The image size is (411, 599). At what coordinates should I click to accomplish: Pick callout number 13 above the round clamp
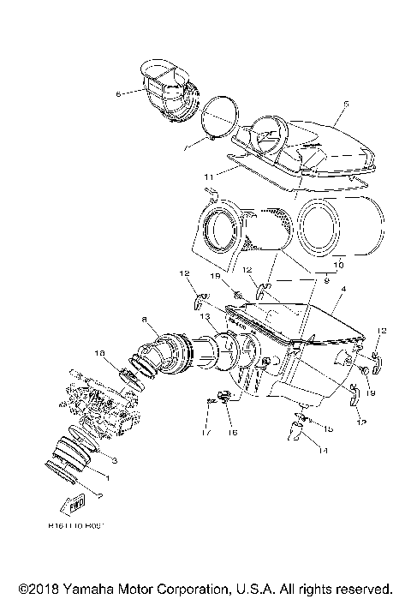[205, 315]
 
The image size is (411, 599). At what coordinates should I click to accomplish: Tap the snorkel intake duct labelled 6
[168, 86]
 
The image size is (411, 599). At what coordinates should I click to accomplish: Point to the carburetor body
[94, 403]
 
